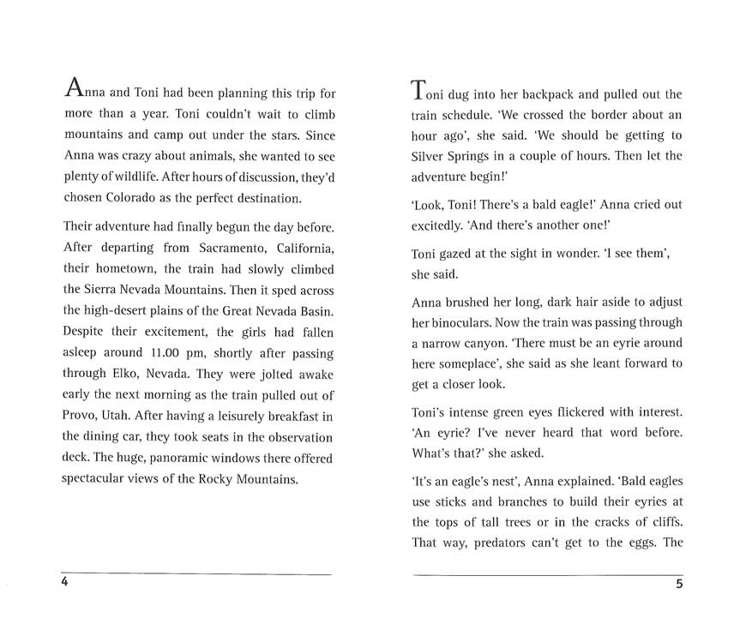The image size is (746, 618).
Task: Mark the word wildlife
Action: pos(133,177)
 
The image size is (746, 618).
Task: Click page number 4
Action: pos(64,583)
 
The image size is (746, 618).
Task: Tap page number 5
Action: pos(678,585)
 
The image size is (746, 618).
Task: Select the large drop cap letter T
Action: pos(418,88)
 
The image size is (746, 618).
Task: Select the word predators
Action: pos(512,542)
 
